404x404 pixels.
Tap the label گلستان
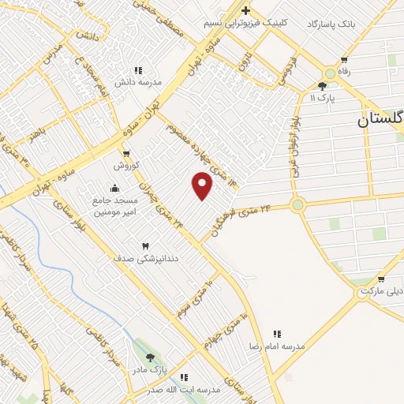(379, 121)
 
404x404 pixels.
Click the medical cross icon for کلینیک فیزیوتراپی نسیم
(245, 10)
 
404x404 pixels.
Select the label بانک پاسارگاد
(331, 24)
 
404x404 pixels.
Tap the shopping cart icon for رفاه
(343, 60)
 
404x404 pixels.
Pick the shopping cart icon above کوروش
(126, 153)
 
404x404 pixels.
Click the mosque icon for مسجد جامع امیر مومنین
(115, 188)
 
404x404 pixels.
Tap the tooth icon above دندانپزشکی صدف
(144, 246)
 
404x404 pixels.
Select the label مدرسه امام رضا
(277, 346)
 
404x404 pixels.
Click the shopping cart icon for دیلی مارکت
(381, 279)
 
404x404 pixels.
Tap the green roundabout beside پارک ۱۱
(330, 73)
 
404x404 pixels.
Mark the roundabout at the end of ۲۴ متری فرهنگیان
(297, 205)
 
